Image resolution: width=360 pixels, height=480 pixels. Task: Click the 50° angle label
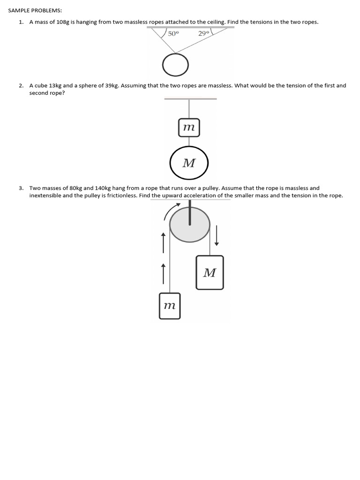click(x=173, y=34)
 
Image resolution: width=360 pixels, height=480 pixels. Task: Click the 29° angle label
click(x=204, y=34)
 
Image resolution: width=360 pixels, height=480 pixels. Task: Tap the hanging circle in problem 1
click(x=175, y=65)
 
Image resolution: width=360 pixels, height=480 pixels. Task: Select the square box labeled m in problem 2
click(x=189, y=127)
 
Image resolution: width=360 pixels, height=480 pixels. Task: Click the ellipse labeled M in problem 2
click(x=189, y=163)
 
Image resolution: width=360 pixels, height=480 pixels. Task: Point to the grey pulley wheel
click(x=189, y=225)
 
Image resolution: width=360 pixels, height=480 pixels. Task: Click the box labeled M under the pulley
click(x=210, y=272)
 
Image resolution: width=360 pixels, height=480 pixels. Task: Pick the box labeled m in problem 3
click(x=170, y=306)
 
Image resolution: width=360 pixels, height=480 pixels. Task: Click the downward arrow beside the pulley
click(x=217, y=235)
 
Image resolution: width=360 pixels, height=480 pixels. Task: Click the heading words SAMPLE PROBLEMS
click(x=35, y=10)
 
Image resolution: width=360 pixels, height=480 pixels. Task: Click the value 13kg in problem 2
click(x=55, y=86)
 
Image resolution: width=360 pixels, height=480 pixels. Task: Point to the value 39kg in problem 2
click(x=112, y=86)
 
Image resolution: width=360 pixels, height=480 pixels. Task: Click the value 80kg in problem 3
click(x=75, y=188)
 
